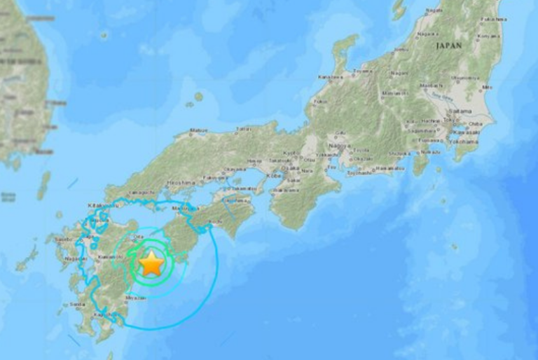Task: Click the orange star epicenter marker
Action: pyautogui.click(x=151, y=264)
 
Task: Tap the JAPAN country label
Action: pyautogui.click(x=449, y=44)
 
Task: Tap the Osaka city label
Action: pyautogui.click(x=290, y=169)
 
